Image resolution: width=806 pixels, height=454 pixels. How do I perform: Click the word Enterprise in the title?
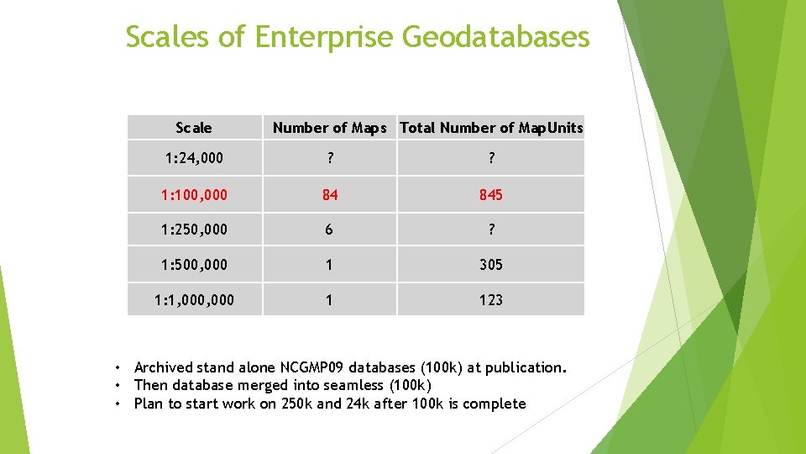click(323, 37)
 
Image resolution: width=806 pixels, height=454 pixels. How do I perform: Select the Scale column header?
click(194, 128)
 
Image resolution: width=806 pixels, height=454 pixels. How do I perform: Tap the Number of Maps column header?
click(329, 128)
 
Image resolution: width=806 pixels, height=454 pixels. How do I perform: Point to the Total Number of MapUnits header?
click(491, 128)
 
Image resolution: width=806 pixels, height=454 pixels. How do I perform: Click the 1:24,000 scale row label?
click(194, 158)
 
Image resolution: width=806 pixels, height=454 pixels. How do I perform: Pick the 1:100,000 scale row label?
click(194, 194)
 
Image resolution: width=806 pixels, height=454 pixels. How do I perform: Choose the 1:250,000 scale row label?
click(194, 230)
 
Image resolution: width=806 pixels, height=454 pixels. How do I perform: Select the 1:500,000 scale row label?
click(194, 265)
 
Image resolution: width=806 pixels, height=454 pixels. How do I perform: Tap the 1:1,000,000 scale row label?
click(194, 300)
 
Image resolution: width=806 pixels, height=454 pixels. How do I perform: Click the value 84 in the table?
click(329, 194)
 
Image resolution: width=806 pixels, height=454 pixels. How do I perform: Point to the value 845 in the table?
click(491, 194)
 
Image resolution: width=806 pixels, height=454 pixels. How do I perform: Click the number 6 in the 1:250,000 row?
click(329, 230)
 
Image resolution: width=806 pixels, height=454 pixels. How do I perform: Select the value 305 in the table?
click(491, 265)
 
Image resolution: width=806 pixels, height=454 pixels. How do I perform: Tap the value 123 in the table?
click(491, 300)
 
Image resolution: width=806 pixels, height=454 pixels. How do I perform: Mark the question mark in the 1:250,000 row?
click(491, 230)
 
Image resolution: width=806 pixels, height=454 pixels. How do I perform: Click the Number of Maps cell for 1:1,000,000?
click(329, 300)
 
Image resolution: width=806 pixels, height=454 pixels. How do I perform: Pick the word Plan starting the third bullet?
click(149, 404)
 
